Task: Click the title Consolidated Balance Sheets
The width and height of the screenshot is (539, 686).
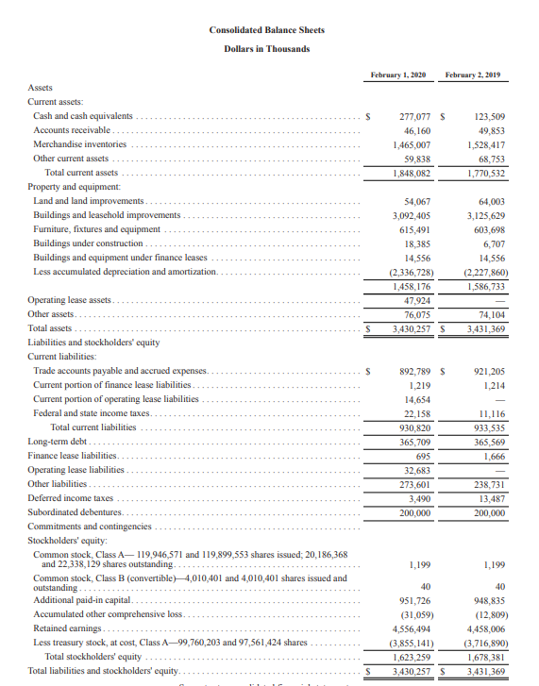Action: point(266,30)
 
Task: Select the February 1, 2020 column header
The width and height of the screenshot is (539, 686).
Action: point(400,74)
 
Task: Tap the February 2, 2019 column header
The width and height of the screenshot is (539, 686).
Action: point(476,74)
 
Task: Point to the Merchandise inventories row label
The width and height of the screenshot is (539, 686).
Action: point(79,144)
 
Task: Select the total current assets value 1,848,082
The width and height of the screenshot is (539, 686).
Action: point(412,174)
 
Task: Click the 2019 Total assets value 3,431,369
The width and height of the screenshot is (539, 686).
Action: point(485,329)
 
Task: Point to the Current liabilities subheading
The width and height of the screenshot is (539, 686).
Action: point(62,357)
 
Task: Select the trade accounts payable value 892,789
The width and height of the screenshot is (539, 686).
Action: point(412,372)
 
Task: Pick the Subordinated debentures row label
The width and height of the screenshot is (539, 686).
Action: point(69,512)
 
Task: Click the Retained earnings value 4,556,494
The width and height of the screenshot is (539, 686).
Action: point(411,627)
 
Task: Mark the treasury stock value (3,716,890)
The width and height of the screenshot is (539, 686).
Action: point(484,642)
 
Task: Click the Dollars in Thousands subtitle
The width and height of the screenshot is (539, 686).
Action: point(266,48)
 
